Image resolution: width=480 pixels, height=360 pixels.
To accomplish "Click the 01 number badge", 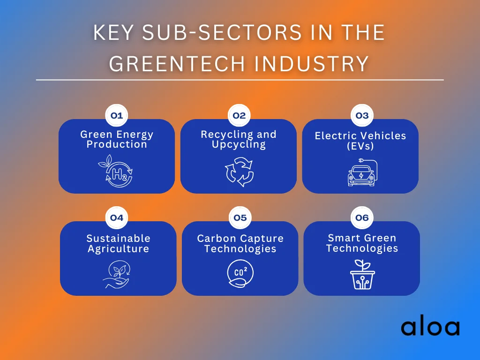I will coord(117,116).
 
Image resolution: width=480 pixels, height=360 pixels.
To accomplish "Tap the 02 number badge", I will coord(239,116).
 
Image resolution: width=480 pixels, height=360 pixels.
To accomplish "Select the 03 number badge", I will coord(362,116).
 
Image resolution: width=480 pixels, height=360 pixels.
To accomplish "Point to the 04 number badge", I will coord(117,218).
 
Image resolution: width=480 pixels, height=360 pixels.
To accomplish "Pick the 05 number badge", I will coord(240,218).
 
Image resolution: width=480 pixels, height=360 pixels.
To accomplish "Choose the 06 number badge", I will coord(362,218).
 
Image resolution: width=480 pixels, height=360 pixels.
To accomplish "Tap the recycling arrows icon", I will coord(239,172).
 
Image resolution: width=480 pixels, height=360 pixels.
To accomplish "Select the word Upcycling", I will coord(239,144).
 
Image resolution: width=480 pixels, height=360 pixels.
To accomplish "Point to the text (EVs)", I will coord(360,146).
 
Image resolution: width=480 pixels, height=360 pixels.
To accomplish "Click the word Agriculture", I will coord(118,249).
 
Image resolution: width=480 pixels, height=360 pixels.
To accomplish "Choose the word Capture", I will coord(260,239).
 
